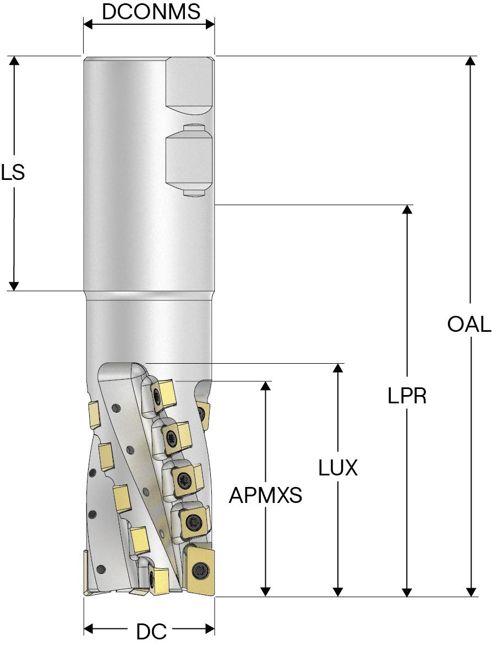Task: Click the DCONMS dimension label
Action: (x=151, y=12)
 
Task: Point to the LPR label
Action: (x=407, y=396)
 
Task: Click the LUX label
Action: (x=338, y=468)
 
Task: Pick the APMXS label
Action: (x=266, y=496)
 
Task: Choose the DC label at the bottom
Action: (x=151, y=632)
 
